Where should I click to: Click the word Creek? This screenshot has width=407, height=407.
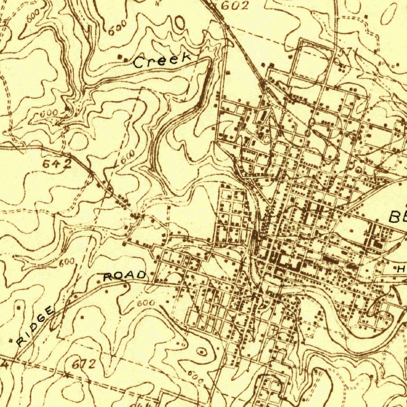point(161,60)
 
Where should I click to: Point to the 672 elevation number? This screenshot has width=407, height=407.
point(84,364)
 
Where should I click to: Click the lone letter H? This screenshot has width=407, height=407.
point(400,269)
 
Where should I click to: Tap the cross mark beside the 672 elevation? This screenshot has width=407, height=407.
point(66,375)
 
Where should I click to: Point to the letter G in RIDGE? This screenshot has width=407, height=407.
point(41,320)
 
